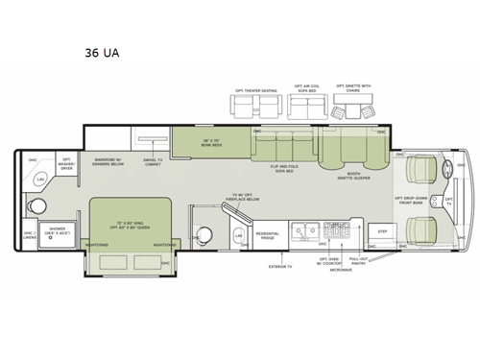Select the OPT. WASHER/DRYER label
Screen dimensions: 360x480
[x=67, y=163]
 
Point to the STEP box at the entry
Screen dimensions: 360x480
[x=381, y=231]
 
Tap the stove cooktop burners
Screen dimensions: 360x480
[x=338, y=231]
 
